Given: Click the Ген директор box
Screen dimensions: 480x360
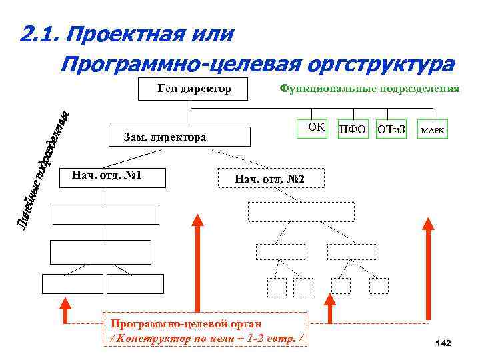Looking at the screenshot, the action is click(x=193, y=89).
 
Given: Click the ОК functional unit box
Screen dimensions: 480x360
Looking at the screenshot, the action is click(x=317, y=127).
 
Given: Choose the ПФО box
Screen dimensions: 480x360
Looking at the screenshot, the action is click(x=353, y=129).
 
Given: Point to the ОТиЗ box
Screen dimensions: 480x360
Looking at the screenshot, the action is click(x=391, y=129).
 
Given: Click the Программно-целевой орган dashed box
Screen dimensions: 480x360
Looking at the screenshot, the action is click(x=204, y=330).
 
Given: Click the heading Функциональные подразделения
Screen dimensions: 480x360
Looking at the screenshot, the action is click(x=369, y=88).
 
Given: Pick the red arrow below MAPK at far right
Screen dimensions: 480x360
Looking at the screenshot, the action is click(x=427, y=267).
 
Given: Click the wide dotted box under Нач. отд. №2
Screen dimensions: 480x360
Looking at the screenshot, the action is click(x=301, y=211).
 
